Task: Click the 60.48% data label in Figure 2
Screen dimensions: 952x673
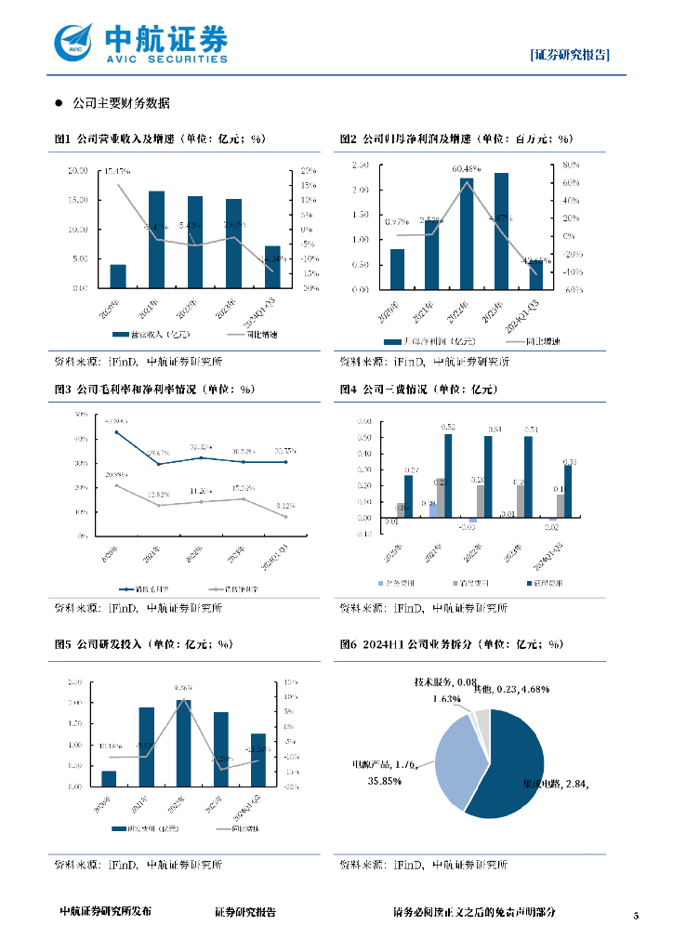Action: (467, 169)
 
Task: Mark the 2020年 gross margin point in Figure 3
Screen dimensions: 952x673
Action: (116, 432)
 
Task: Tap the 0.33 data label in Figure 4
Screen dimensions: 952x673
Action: (569, 461)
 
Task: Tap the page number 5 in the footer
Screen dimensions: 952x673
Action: (636, 917)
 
